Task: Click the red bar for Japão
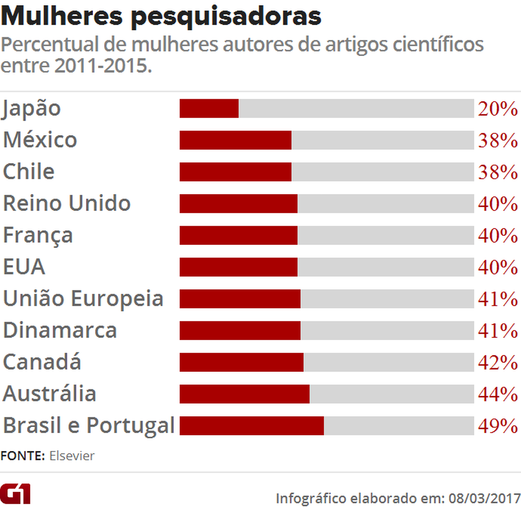[x=209, y=108]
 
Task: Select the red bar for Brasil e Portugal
[x=251, y=426]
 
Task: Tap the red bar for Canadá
[x=241, y=362]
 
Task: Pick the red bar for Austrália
[x=244, y=394]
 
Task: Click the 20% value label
[x=498, y=109]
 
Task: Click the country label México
[x=40, y=140]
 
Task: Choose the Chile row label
[x=29, y=172]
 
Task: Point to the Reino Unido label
[x=67, y=203]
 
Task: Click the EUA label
[x=24, y=267]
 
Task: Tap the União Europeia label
[x=83, y=298]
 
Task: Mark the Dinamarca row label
[x=60, y=330]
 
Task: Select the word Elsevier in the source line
[x=72, y=456]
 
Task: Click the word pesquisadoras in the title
[x=226, y=16]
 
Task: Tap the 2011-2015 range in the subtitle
[x=103, y=66]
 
